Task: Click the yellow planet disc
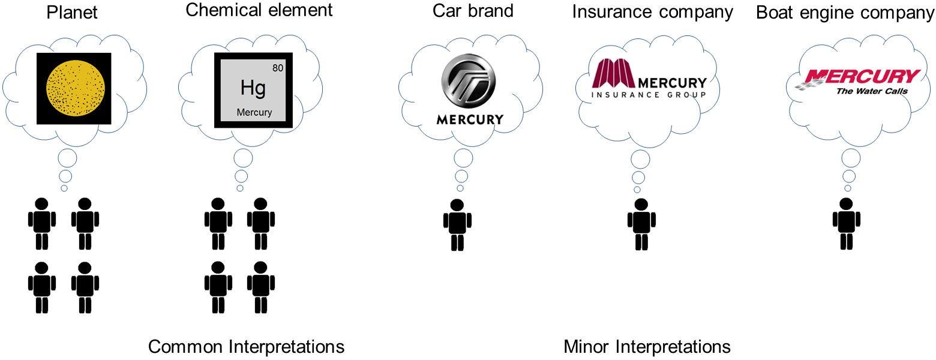[x=74, y=89]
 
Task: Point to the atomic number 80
[x=278, y=68]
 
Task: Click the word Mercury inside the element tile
[x=254, y=112]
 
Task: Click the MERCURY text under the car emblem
[x=470, y=119]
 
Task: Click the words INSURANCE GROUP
[x=649, y=95]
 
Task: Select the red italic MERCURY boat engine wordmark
[x=862, y=77]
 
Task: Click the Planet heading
[x=73, y=12]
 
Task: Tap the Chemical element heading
[x=259, y=10]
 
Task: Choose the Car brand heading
[x=473, y=11]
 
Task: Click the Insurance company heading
[x=652, y=12]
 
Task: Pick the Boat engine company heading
[x=845, y=13]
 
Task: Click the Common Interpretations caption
[x=246, y=347]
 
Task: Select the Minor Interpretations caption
[x=647, y=347]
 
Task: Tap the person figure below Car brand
[x=457, y=224]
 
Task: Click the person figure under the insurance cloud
[x=641, y=224]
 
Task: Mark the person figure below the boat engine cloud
[x=847, y=223]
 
